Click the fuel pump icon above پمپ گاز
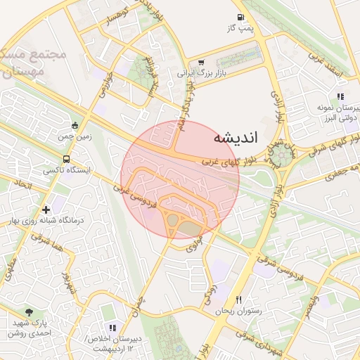coord(241,18)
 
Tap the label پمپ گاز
coord(240,28)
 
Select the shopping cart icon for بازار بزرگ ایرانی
coord(202,63)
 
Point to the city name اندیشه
coord(235,137)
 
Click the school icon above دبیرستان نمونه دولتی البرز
coord(341,97)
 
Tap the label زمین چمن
coord(75,137)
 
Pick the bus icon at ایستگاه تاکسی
coord(66,159)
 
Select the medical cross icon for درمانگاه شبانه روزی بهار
coord(46,209)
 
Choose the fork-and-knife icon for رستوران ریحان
coord(239,300)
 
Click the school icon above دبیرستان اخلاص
coord(112,328)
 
